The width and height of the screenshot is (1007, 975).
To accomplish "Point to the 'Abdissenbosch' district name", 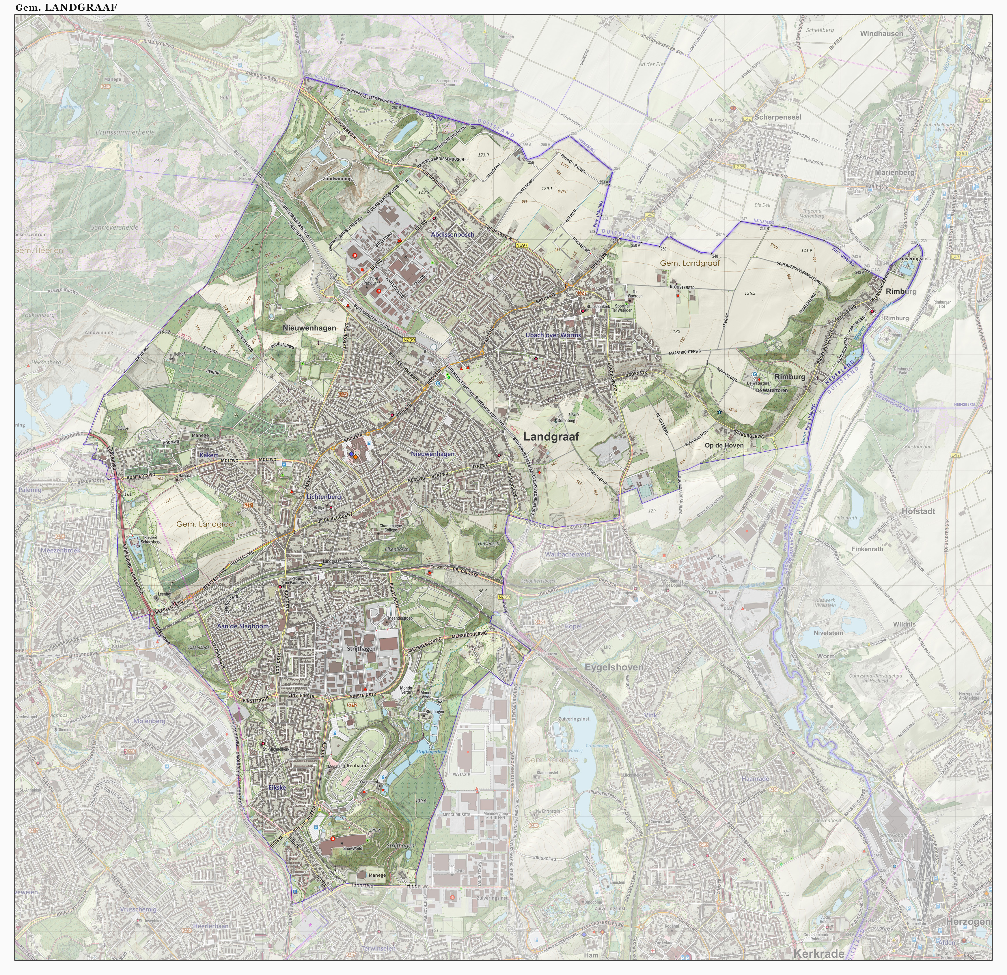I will coord(452,234).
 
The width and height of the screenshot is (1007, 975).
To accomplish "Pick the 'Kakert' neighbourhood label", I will coord(209,455).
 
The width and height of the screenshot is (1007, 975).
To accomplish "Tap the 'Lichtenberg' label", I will coord(323,497).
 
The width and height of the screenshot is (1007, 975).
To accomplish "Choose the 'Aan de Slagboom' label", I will coord(243,626).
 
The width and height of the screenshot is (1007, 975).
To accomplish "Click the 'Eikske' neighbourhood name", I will coord(276,787).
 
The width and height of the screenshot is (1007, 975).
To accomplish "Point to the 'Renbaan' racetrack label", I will coord(356,766).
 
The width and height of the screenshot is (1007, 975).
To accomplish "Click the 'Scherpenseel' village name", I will coord(778,117).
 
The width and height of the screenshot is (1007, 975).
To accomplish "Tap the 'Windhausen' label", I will coord(881,34).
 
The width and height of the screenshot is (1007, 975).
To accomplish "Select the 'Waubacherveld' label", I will coord(567,554).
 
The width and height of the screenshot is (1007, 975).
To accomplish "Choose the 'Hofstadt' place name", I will coord(918,511).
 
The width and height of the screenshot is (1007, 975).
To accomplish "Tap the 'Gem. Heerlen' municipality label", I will coord(38,251).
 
